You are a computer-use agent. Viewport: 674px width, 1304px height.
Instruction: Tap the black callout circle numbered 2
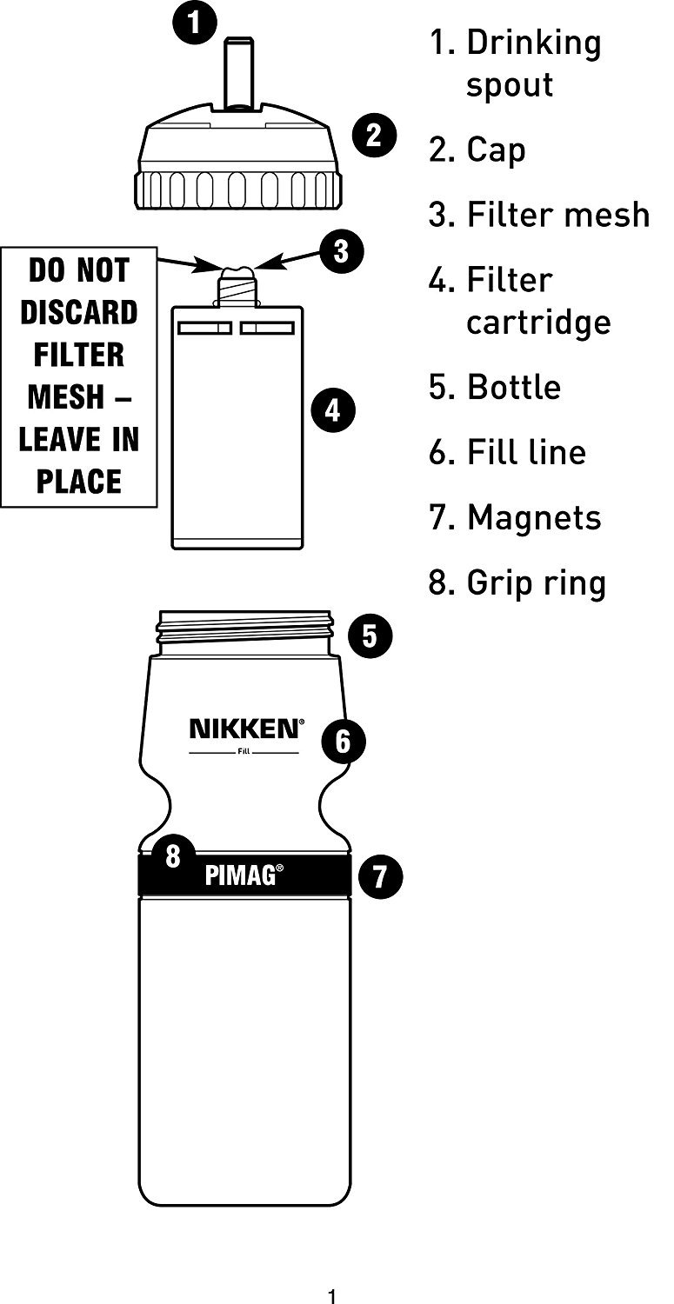374,135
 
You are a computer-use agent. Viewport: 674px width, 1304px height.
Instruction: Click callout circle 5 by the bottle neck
370,636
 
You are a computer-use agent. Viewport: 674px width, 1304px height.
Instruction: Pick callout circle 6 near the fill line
343,742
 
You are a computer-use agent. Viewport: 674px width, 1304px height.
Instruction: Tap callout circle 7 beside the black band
380,875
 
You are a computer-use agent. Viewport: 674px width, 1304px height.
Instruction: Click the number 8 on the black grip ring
173,856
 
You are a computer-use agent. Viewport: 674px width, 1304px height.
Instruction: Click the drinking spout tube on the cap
237,74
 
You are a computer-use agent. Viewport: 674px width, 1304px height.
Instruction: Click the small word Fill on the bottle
244,752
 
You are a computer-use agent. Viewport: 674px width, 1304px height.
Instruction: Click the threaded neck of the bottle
245,631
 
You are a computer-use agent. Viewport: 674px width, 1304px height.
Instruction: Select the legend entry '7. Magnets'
515,517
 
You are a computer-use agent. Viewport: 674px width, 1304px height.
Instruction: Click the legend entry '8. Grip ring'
517,582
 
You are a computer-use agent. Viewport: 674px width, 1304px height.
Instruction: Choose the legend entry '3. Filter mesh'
538,214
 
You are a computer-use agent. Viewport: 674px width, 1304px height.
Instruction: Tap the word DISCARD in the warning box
79,312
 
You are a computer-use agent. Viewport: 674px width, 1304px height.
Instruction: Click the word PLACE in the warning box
79,481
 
